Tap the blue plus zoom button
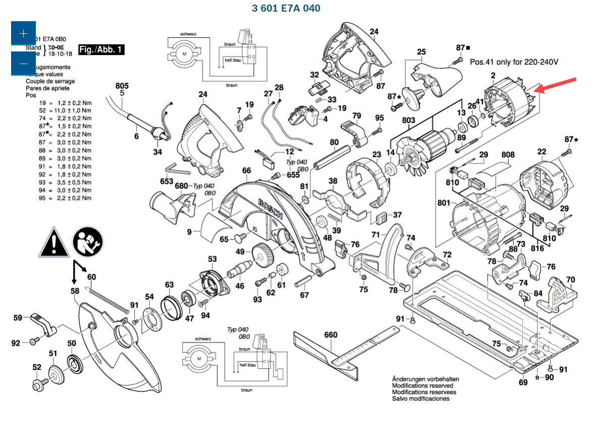[x=23, y=33]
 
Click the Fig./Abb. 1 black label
[x=101, y=49]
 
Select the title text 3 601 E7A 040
[x=286, y=8]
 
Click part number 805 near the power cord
[x=122, y=86]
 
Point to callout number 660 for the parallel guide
[x=331, y=335]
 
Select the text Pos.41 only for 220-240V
[x=514, y=62]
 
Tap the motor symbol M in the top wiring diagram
[x=184, y=54]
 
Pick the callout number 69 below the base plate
[x=523, y=382]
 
